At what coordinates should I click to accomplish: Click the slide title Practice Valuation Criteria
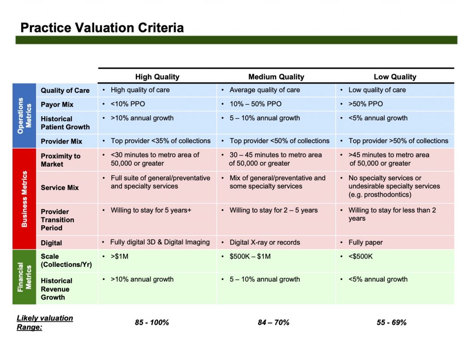click(x=102, y=28)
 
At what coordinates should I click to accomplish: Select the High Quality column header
click(x=157, y=77)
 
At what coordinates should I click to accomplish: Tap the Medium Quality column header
click(x=276, y=77)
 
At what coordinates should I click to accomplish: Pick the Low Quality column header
click(x=395, y=77)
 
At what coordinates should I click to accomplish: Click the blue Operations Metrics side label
click(x=24, y=115)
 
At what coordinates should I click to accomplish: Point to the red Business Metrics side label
click(x=24, y=198)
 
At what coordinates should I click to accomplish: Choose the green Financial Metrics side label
click(x=24, y=277)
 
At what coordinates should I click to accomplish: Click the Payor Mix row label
click(x=57, y=104)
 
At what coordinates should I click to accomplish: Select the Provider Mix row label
click(x=61, y=141)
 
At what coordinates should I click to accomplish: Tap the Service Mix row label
click(x=60, y=187)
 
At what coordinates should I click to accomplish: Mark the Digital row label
click(x=51, y=243)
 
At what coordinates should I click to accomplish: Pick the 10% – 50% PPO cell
click(x=255, y=104)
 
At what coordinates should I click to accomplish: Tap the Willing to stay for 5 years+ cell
click(x=151, y=210)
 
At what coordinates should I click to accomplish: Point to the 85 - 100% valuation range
click(x=152, y=322)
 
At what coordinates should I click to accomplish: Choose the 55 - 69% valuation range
click(x=392, y=322)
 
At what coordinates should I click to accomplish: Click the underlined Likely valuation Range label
click(x=44, y=323)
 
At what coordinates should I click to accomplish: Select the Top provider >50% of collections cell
click(x=398, y=141)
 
